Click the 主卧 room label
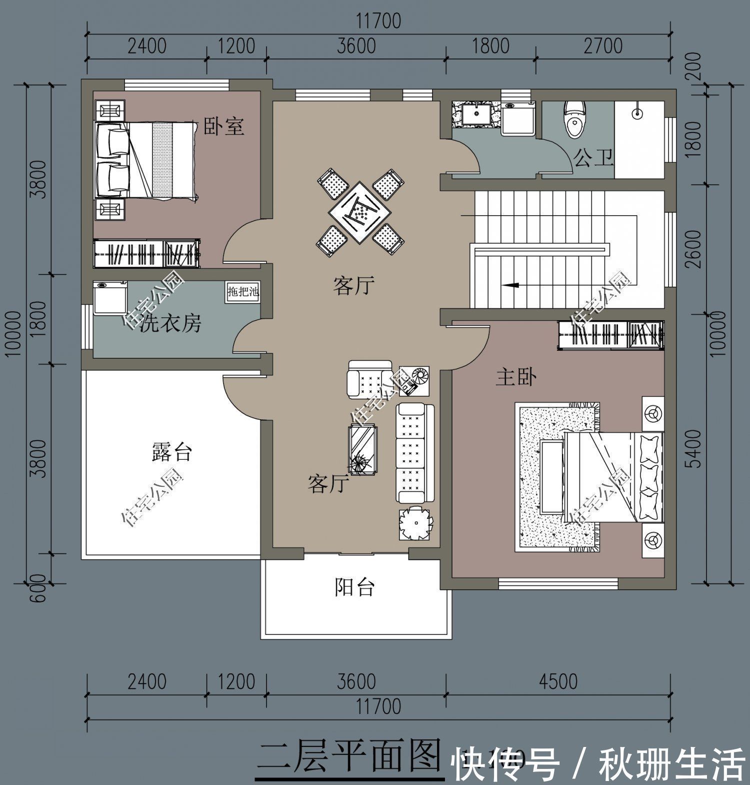pos(516,377)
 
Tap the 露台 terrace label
pos(171,452)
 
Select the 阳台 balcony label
pos(354,587)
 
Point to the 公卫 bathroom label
pos(593,158)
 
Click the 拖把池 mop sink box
pos(243,292)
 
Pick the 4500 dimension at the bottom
pos(558,681)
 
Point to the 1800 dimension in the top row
pos(490,46)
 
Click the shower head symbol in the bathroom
pos(637,113)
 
